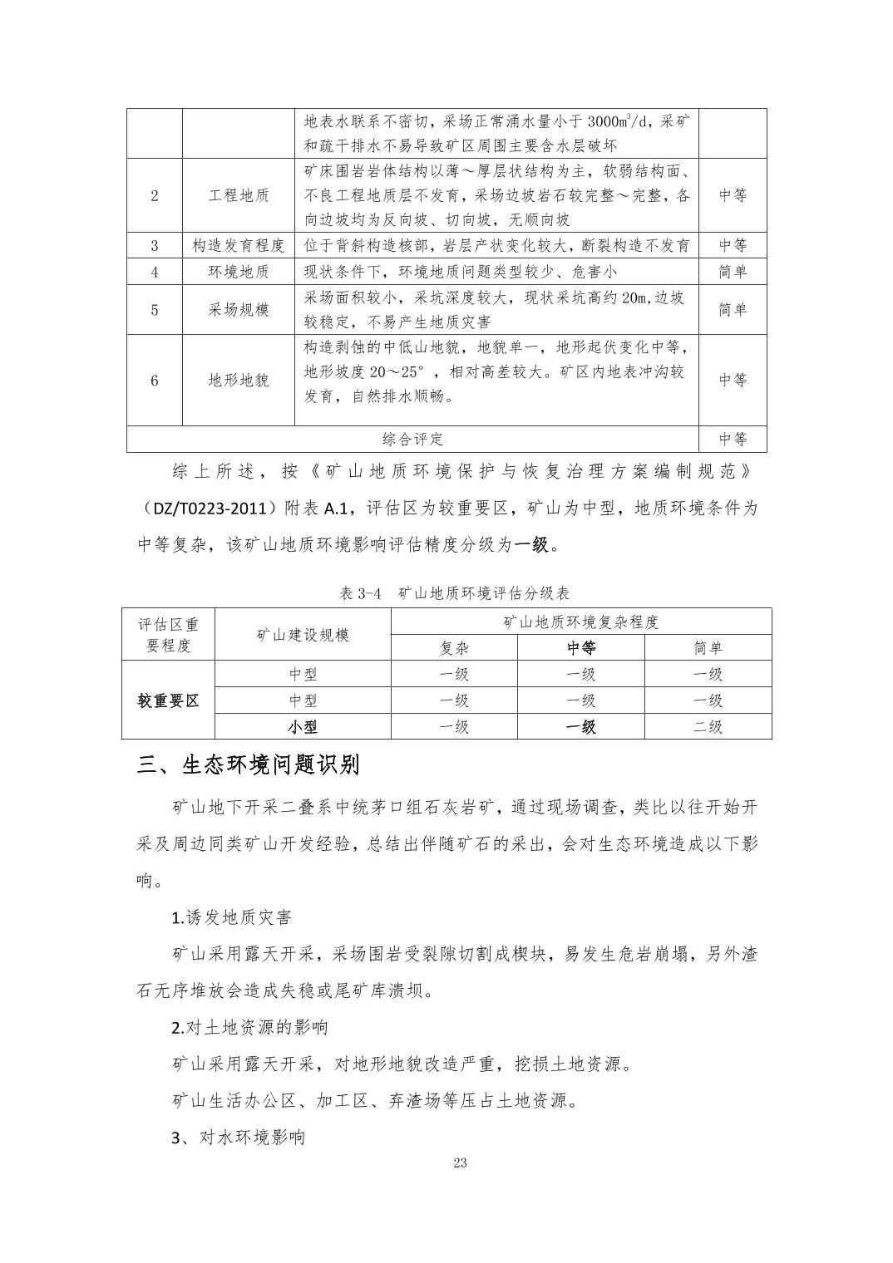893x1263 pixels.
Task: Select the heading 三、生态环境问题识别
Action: click(248, 764)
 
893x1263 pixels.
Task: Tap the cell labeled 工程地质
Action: click(239, 196)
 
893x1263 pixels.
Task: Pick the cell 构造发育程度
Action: click(239, 245)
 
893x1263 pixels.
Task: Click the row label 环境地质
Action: click(239, 272)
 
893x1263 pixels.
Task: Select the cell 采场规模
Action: click(239, 310)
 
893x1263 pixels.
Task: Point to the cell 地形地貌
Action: click(239, 381)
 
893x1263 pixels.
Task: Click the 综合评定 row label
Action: click(412, 439)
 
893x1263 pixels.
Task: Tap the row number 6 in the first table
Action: click(155, 381)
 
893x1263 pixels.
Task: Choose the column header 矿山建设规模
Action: click(303, 635)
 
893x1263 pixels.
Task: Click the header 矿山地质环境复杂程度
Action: click(580, 622)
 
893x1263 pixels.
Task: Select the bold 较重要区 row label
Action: click(168, 700)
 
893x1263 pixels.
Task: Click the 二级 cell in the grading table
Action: click(708, 726)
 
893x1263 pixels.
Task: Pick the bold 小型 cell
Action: click(303, 726)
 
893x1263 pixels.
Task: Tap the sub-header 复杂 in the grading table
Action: click(454, 648)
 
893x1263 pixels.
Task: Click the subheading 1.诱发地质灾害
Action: click(231, 917)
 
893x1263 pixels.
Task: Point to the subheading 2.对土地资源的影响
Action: click(249, 1027)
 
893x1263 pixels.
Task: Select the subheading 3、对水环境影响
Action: click(238, 1137)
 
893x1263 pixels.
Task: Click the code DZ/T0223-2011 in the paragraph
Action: click(215, 508)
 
